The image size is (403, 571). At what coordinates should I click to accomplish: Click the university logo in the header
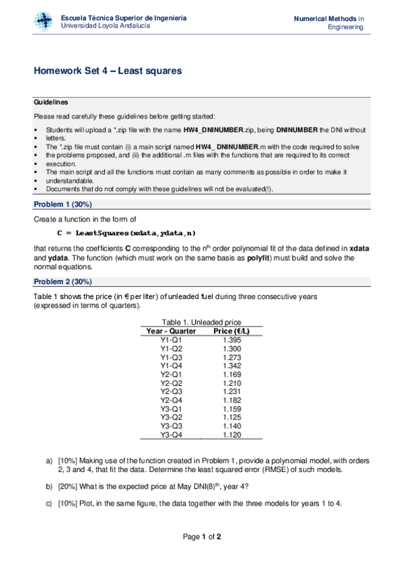(44, 22)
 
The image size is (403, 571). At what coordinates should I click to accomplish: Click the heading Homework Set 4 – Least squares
(108, 71)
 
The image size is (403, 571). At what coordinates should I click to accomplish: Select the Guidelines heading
(50, 102)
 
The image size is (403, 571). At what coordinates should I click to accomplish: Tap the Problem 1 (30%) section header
(63, 204)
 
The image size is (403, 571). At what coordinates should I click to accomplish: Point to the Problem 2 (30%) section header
(63, 281)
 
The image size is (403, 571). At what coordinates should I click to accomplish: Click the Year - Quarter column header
(171, 331)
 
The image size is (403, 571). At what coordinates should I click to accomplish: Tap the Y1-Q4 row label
(171, 366)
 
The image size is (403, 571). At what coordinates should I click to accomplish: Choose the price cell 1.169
(231, 374)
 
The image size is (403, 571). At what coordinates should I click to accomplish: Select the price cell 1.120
(231, 436)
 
